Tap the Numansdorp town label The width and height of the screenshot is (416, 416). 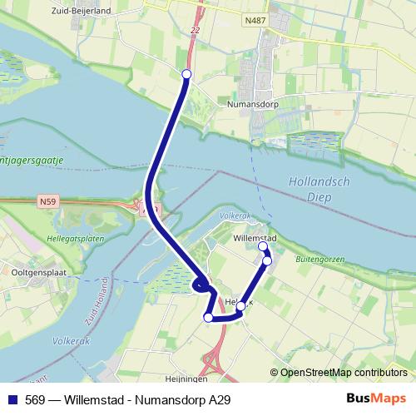pos(252,106)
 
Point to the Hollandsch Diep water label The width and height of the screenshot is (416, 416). pos(310,188)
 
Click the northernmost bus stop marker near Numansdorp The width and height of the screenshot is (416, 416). pos(186,75)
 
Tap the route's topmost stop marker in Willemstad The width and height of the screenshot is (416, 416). pos(263,246)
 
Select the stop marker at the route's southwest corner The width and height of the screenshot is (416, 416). pos(208,317)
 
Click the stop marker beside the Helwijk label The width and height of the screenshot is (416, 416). pos(240,306)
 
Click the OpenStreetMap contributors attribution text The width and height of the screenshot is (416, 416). pos(343,373)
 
